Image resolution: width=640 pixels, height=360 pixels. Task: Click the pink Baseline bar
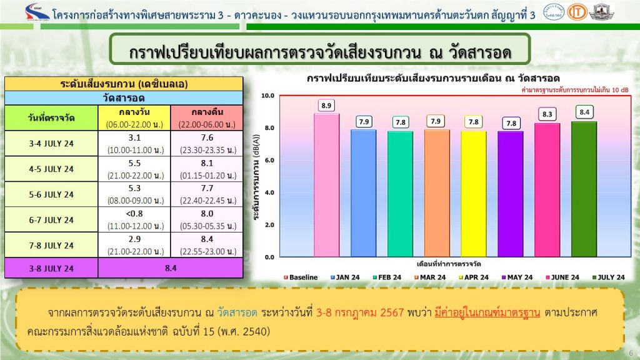(326, 185)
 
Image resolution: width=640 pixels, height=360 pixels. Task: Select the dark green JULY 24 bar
(584, 189)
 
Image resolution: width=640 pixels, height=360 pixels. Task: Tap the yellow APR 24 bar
(474, 194)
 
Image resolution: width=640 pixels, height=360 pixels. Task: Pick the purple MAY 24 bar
(510, 194)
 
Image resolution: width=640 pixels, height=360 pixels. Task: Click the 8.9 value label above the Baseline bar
(326, 105)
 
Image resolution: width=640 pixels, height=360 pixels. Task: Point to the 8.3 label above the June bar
(547, 114)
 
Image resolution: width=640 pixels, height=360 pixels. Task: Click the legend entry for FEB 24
(387, 277)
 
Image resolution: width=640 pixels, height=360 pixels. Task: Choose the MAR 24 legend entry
(430, 277)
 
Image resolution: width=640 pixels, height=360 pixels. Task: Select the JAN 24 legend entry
(345, 277)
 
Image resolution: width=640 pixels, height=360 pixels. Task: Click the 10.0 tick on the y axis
(267, 96)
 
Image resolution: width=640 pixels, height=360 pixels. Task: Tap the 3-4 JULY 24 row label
(51, 144)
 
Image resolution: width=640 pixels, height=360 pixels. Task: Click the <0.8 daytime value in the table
(134, 214)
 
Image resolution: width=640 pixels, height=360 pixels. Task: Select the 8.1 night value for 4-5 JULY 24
(207, 163)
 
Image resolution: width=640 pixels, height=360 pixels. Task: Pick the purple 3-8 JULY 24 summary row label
(51, 269)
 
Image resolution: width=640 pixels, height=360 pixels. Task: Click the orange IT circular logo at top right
(577, 12)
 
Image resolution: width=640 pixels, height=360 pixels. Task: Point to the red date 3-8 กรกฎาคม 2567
(359, 312)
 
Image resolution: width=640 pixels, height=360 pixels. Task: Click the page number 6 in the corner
(631, 353)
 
